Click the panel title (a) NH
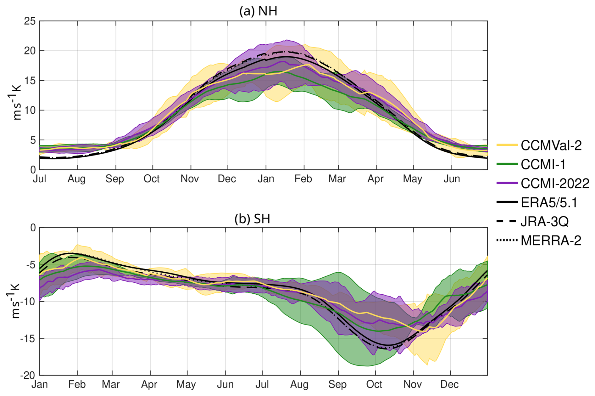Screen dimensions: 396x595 coord(258,11)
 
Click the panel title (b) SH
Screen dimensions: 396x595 coord(252,219)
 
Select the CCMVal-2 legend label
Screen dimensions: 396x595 coord(551,145)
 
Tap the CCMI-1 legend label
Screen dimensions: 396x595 coord(543,164)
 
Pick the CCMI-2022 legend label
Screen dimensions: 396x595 coord(555,184)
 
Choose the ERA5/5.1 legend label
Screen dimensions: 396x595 coord(549,203)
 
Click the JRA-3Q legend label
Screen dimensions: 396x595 coord(545,222)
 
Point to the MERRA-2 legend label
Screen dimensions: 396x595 coord(551,241)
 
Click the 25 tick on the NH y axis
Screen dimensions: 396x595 coord(30,21)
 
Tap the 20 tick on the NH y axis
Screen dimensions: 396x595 coord(30,51)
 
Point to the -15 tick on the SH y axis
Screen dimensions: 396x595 coord(28,339)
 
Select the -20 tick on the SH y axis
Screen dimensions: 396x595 coord(28,376)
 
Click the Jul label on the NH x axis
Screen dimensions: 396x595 coord(40,179)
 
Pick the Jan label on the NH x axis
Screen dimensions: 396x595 coord(266,179)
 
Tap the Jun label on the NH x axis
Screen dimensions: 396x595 coord(452,179)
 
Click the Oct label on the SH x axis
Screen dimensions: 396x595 coord(374,385)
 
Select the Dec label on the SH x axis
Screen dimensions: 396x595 coord(449,385)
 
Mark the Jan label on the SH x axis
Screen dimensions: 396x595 coord(40,385)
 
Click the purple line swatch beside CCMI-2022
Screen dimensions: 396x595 coord(507,183)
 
